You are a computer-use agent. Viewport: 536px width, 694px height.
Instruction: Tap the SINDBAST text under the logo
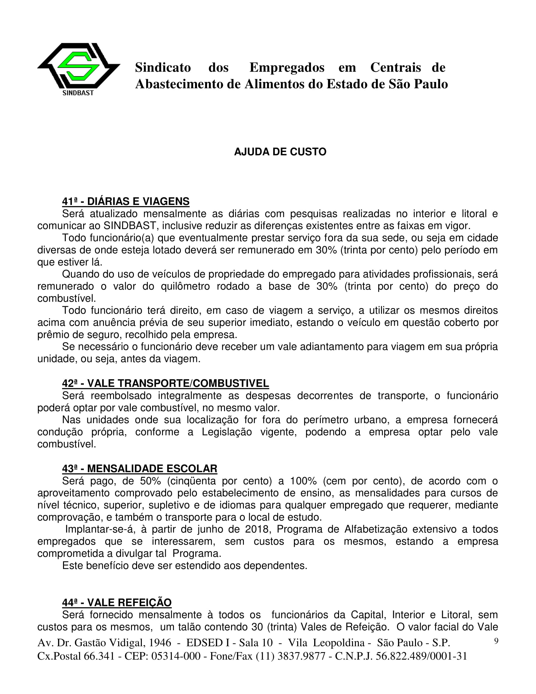pyautogui.click(x=78, y=93)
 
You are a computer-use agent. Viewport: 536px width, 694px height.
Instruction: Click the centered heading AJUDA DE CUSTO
pyautogui.click(x=280, y=152)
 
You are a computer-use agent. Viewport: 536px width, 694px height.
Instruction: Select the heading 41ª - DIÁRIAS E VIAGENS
pyautogui.click(x=126, y=201)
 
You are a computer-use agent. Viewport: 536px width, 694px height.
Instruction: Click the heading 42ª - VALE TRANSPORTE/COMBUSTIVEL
pyautogui.click(x=165, y=383)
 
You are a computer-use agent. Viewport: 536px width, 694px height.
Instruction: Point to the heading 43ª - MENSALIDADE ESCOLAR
pyautogui.click(x=140, y=469)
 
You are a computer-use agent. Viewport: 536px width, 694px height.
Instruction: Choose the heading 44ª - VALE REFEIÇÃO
pyautogui.click(x=117, y=603)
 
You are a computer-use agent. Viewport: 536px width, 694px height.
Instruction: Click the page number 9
pyautogui.click(x=496, y=641)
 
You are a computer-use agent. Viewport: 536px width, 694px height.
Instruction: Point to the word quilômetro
pyautogui.click(x=185, y=286)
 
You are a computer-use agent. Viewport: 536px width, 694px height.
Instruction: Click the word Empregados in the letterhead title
pyautogui.click(x=287, y=67)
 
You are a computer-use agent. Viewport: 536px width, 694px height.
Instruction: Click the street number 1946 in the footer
pyautogui.click(x=160, y=643)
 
